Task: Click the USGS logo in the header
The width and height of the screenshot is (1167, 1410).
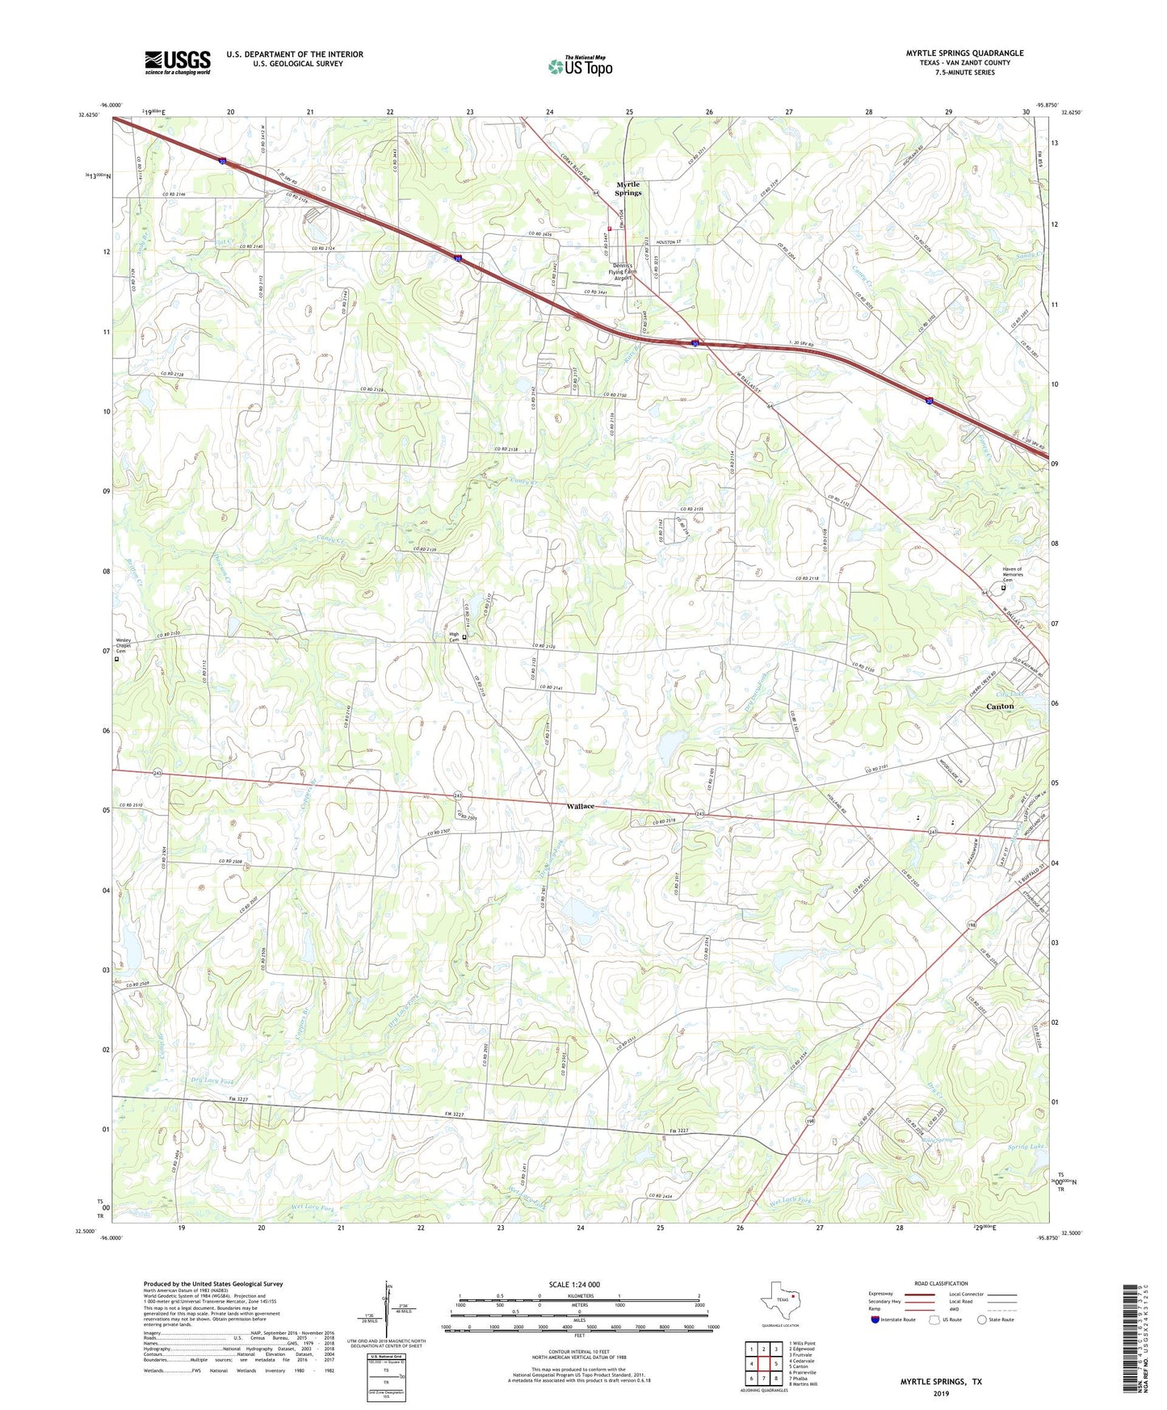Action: [178, 62]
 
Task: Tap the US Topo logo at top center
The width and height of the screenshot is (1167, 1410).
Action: [580, 66]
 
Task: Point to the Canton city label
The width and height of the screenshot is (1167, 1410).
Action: [1000, 706]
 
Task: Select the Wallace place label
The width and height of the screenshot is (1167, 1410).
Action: [580, 806]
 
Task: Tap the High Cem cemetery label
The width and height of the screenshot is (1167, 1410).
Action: [454, 636]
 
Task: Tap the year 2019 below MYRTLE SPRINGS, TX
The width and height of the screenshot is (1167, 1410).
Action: [941, 1393]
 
